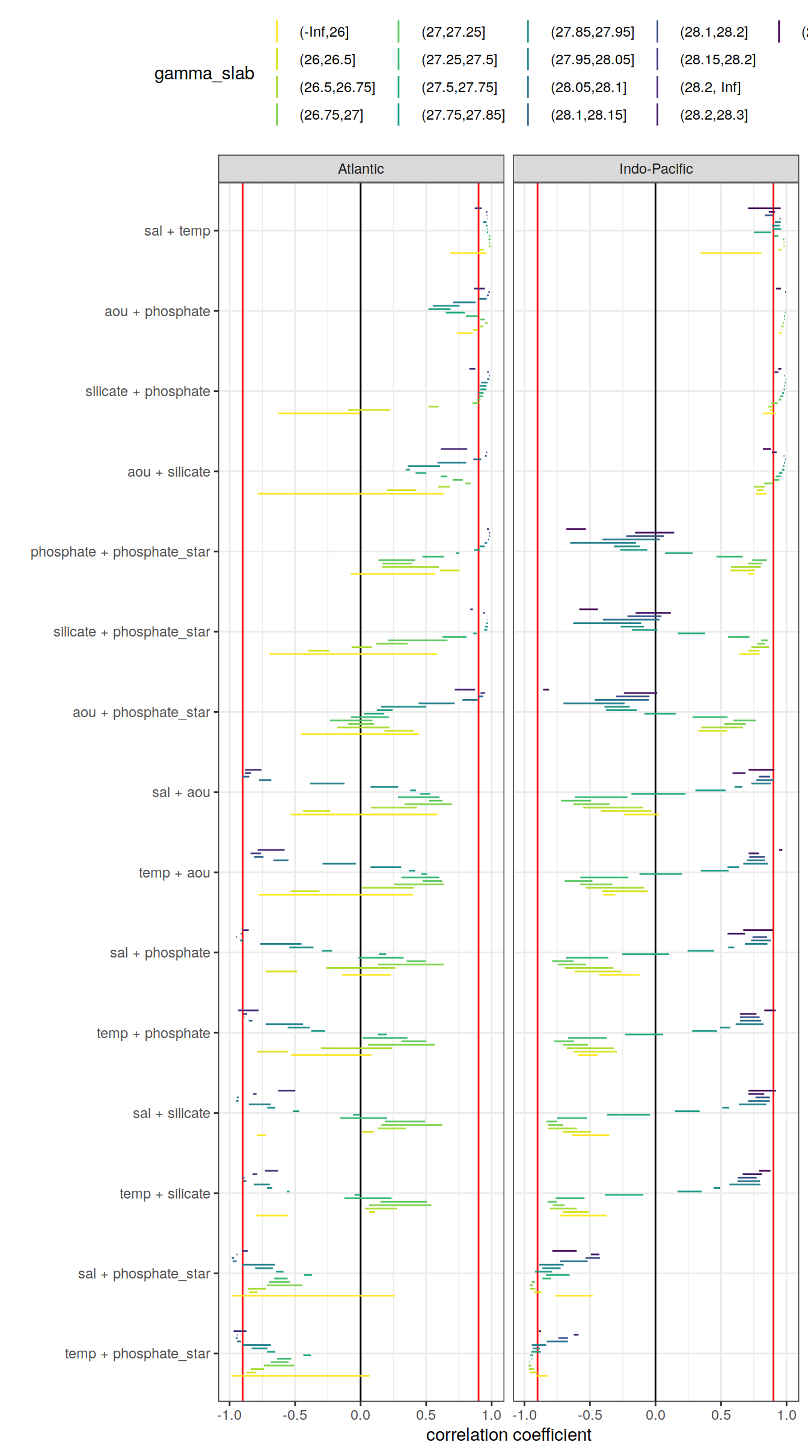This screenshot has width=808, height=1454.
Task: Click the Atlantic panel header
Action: pyautogui.click(x=361, y=169)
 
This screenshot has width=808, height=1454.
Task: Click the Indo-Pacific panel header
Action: pyautogui.click(x=655, y=169)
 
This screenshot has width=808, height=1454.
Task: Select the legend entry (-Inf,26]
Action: pyautogui.click(x=324, y=32)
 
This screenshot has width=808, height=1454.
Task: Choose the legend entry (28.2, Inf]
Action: pyautogui.click(x=710, y=87)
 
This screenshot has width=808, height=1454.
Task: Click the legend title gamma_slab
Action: pyautogui.click(x=204, y=73)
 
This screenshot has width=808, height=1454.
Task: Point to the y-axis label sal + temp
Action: pyautogui.click(x=177, y=231)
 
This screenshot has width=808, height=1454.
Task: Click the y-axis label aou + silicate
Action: pyautogui.click(x=168, y=472)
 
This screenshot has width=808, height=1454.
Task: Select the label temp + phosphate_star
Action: pyautogui.click(x=137, y=1354)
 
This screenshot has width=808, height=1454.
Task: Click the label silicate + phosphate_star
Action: pyautogui.click(x=132, y=632)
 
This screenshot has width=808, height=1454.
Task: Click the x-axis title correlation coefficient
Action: pyautogui.click(x=509, y=1435)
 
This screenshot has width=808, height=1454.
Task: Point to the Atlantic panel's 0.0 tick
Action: pyautogui.click(x=361, y=1416)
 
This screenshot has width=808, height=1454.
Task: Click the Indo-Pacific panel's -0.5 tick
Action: pyautogui.click(x=589, y=1416)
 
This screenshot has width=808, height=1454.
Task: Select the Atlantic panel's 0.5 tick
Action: pyautogui.click(x=426, y=1416)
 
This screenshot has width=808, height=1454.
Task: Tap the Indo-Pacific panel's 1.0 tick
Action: pyautogui.click(x=786, y=1416)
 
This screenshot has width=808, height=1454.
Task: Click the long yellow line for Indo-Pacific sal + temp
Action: pyautogui.click(x=730, y=253)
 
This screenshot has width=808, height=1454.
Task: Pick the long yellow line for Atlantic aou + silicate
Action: pyautogui.click(x=350, y=493)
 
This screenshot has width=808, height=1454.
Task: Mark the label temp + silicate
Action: pyautogui.click(x=164, y=1194)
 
